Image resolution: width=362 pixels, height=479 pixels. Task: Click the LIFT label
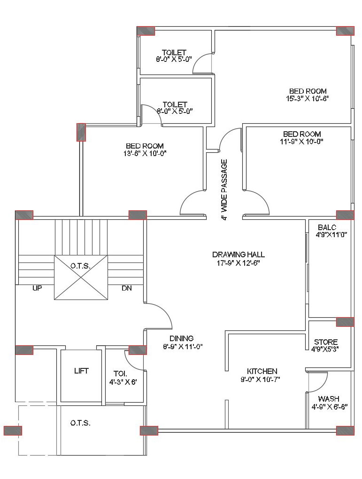pyautogui.click(x=81, y=371)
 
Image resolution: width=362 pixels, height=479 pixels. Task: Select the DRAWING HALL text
pyautogui.click(x=238, y=254)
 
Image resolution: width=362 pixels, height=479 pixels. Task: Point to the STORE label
pyautogui.click(x=326, y=342)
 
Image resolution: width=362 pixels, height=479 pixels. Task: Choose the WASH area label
pyautogui.click(x=328, y=399)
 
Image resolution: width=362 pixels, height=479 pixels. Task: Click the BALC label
pyautogui.click(x=327, y=227)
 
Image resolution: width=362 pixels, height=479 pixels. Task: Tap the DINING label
pyautogui.click(x=181, y=338)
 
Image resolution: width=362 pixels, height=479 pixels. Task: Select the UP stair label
pyautogui.click(x=37, y=288)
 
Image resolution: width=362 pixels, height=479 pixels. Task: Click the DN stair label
pyautogui.click(x=127, y=288)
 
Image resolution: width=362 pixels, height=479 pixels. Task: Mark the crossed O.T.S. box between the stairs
pyautogui.click(x=81, y=277)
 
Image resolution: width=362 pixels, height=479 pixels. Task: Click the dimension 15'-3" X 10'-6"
pyautogui.click(x=308, y=98)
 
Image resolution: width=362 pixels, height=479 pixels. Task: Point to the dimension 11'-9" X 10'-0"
pyautogui.click(x=301, y=141)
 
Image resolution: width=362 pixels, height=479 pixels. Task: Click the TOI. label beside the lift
pyautogui.click(x=120, y=374)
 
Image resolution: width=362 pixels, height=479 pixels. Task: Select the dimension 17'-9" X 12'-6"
pyautogui.click(x=238, y=263)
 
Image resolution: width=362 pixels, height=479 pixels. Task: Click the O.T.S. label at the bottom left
pyautogui.click(x=80, y=423)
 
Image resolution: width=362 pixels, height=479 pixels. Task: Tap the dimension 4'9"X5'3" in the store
pyautogui.click(x=325, y=349)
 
